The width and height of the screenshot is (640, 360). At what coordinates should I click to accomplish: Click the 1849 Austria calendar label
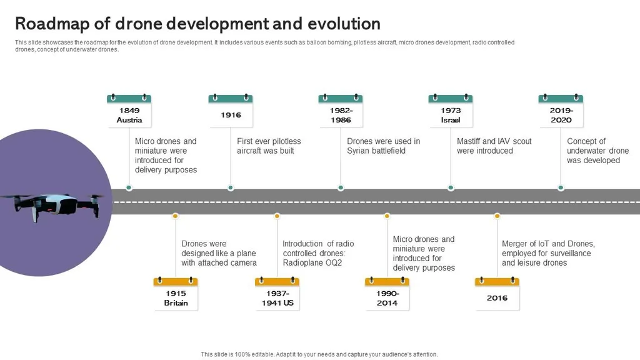[129, 111]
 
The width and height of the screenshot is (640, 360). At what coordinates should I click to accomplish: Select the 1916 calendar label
[231, 111]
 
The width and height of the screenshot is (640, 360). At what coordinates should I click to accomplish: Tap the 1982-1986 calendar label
[341, 111]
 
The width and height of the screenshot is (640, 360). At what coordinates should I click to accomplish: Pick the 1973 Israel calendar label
[451, 111]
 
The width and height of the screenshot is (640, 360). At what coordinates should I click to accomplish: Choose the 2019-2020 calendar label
[561, 111]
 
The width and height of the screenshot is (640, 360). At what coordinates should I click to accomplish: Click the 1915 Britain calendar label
[176, 294]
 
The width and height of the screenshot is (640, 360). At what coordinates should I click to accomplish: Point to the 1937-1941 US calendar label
[277, 294]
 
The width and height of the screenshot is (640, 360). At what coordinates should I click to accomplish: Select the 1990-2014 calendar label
[387, 294]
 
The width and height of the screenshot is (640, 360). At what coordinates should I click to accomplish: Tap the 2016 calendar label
[497, 294]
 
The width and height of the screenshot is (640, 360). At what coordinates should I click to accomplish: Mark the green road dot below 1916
[231, 187]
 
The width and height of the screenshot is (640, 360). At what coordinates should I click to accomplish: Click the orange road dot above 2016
[497, 216]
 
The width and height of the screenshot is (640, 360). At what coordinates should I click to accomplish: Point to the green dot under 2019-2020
[561, 187]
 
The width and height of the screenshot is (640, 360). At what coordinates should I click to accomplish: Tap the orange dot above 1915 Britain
[176, 216]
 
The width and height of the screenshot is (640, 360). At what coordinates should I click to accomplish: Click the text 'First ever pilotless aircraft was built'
[269, 146]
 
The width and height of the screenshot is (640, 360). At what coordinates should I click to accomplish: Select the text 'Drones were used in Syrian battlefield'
[383, 146]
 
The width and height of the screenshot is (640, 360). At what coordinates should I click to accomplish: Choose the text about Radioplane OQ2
[318, 253]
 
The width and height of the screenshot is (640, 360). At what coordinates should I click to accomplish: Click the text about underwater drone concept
[597, 151]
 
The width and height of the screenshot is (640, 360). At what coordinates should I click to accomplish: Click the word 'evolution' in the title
[344, 24]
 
